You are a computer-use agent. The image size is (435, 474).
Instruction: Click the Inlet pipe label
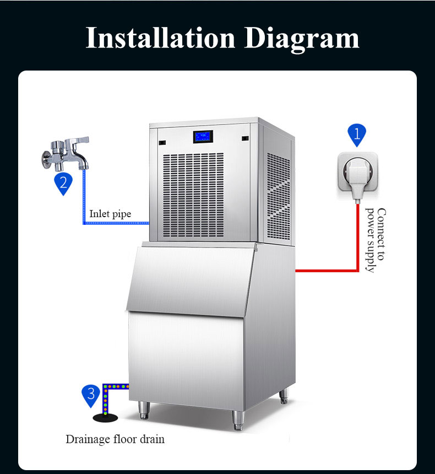pos(110,214)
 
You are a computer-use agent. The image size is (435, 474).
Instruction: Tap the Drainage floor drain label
pos(115,439)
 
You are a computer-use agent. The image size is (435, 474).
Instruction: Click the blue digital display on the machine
pos(203,136)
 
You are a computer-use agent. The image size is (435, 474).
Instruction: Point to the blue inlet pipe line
pos(116,223)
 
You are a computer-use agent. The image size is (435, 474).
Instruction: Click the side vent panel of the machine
pos(278,193)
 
